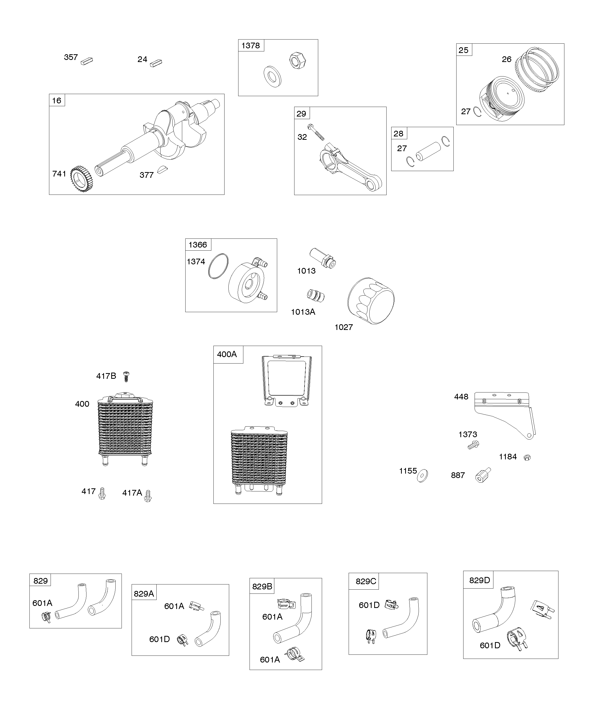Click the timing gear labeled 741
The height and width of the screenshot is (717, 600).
tap(81, 179)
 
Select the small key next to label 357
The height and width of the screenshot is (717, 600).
tap(87, 61)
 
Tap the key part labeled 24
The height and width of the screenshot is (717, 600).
tap(156, 63)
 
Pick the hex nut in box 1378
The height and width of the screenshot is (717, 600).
tap(298, 61)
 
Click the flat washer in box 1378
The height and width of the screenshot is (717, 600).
tap(272, 76)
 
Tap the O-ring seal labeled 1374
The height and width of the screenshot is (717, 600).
tap(218, 267)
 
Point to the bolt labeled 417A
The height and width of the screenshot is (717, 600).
tap(148, 496)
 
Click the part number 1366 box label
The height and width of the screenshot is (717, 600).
tap(198, 245)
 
